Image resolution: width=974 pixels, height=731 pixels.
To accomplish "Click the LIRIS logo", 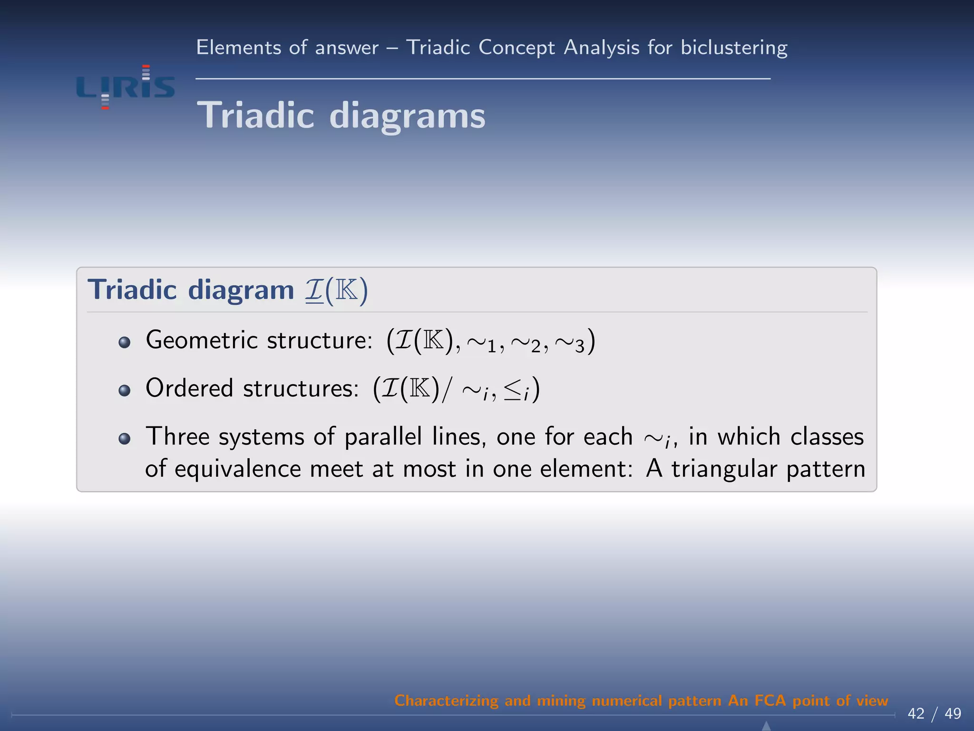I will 126,87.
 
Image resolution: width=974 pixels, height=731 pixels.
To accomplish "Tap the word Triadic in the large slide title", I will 255,115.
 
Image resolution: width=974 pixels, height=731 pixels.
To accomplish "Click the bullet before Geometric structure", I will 125,343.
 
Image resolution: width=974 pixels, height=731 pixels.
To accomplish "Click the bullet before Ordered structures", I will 125,391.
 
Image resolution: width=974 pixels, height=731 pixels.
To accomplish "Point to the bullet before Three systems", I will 125,438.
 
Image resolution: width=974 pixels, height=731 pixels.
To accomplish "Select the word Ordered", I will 189,388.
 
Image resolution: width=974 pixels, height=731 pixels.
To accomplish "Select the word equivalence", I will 238,469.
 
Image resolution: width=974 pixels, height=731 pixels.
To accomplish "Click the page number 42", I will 916,714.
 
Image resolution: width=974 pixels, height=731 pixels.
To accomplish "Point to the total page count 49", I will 953,714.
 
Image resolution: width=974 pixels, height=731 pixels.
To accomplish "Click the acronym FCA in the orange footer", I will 770,701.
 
